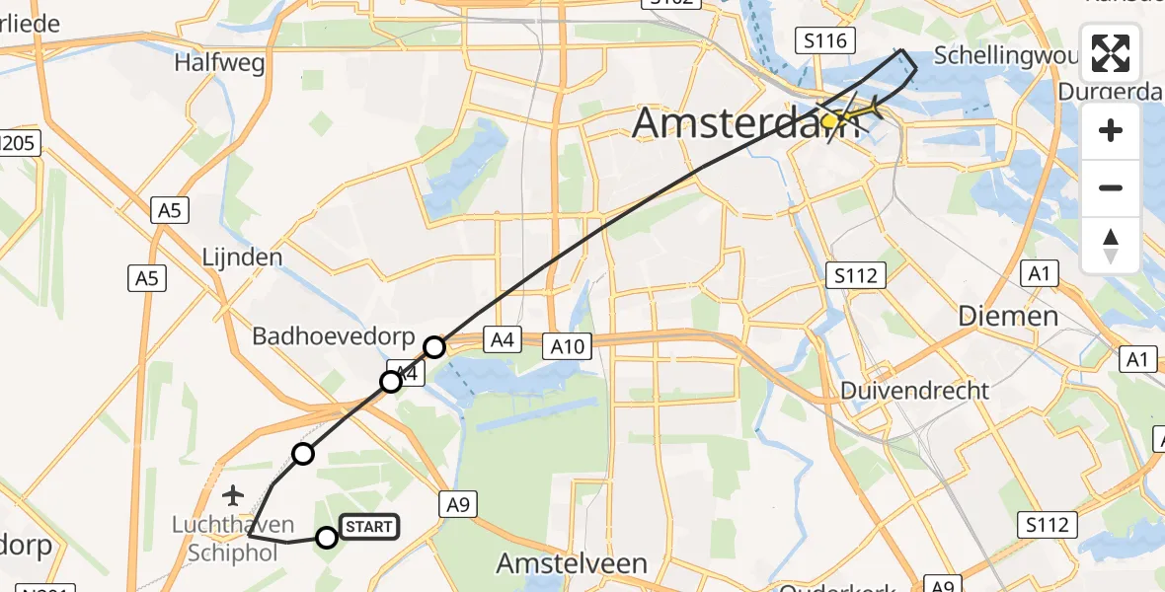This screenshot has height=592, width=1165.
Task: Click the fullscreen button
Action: [1111, 53]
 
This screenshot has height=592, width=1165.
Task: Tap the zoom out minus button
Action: [1111, 187]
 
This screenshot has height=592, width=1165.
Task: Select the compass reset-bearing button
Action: [1111, 245]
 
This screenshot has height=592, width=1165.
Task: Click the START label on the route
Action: [369, 528]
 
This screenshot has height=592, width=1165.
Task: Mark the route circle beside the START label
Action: [327, 537]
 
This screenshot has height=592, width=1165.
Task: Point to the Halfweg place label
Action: [219, 63]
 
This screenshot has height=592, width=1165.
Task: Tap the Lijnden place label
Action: [241, 258]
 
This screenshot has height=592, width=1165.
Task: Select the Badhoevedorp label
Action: [334, 336]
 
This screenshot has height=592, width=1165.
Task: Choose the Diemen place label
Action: [1008, 317]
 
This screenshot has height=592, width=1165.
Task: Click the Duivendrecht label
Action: [914, 391]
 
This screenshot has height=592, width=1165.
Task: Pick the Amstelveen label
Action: [572, 563]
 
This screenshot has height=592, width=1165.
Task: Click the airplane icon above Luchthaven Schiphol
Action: [233, 493]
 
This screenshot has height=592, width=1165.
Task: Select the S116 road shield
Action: [823, 40]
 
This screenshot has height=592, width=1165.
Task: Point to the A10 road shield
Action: [568, 345]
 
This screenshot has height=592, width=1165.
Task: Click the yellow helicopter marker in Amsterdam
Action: [831, 120]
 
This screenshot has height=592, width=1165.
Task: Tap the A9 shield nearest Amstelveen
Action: [457, 505]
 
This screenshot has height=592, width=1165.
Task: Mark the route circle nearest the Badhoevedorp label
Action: [434, 346]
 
